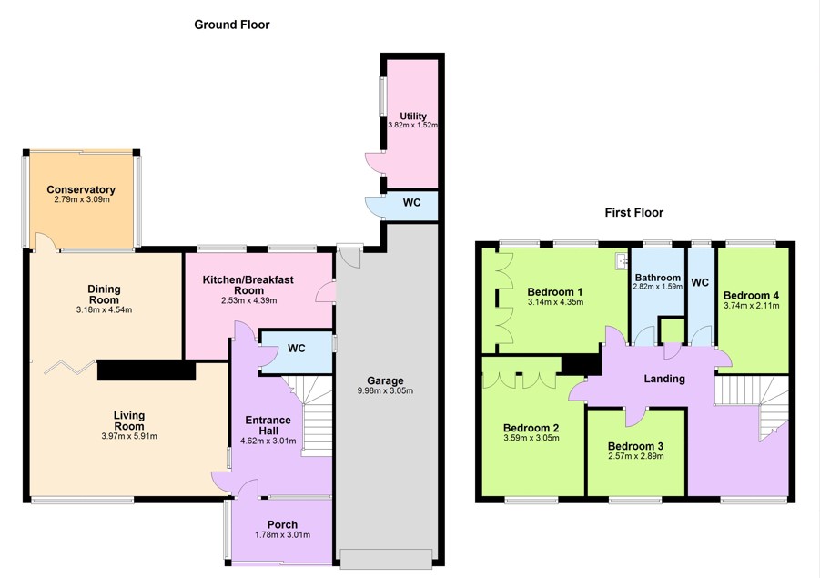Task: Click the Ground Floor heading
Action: pyautogui.click(x=232, y=25)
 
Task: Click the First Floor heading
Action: pyautogui.click(x=633, y=212)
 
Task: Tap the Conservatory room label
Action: pyautogui.click(x=81, y=189)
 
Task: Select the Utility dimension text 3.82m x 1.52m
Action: pyautogui.click(x=412, y=126)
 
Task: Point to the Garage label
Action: pyautogui.click(x=385, y=380)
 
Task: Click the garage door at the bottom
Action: pyautogui.click(x=387, y=559)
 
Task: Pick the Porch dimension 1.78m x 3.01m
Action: pyautogui.click(x=282, y=534)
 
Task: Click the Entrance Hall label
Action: pyautogui.click(x=268, y=425)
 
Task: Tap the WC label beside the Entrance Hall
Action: pyautogui.click(x=296, y=349)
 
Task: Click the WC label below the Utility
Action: pyautogui.click(x=411, y=202)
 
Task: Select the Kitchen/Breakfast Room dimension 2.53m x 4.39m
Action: pyautogui.click(x=249, y=300)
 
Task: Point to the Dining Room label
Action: pyautogui.click(x=104, y=295)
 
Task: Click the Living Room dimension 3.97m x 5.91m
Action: pyautogui.click(x=129, y=436)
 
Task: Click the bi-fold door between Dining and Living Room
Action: pyautogui.click(x=70, y=367)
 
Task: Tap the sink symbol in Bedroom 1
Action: pyautogui.click(x=622, y=260)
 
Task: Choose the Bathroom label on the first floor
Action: pyautogui.click(x=658, y=278)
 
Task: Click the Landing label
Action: pyautogui.click(x=664, y=379)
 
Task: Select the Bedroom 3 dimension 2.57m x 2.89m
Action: pyautogui.click(x=636, y=456)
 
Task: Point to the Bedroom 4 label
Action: pyautogui.click(x=751, y=295)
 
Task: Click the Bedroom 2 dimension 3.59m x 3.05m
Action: pyautogui.click(x=531, y=438)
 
